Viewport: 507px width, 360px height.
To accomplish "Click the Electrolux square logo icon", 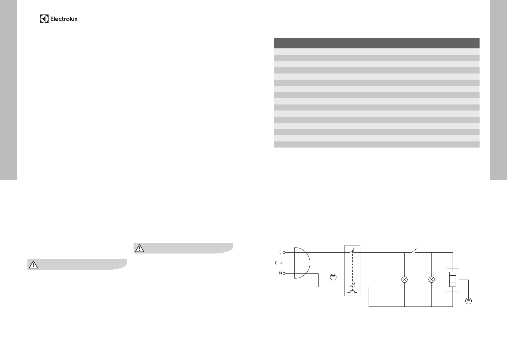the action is pyautogui.click(x=44, y=19).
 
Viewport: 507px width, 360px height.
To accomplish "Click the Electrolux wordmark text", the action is pyautogui.click(x=64, y=19).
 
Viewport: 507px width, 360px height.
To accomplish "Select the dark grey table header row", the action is pyautogui.click(x=377, y=43).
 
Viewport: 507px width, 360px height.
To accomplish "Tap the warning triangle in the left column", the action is pyautogui.click(x=33, y=264).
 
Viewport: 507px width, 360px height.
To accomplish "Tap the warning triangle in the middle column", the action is pyautogui.click(x=139, y=248).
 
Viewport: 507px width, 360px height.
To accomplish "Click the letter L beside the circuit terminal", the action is pyautogui.click(x=280, y=252).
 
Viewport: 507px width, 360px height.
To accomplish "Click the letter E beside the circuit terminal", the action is pyautogui.click(x=276, y=263).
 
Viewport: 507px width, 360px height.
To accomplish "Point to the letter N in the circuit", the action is pyautogui.click(x=280, y=273).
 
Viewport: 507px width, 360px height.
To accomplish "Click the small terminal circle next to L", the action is pyautogui.click(x=284, y=252).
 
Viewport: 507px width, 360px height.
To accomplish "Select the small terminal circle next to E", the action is pyautogui.click(x=281, y=263).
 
